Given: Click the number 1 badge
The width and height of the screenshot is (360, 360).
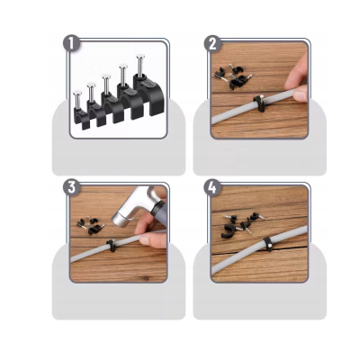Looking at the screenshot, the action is tap(71, 44).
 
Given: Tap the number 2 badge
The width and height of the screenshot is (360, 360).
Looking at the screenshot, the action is tap(212, 44).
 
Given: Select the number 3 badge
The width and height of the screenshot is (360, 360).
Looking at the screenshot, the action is tap(71, 187).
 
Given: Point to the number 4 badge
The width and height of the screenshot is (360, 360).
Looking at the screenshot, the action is tap(212, 187).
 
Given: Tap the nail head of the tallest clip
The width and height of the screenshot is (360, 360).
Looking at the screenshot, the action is tap(140, 56).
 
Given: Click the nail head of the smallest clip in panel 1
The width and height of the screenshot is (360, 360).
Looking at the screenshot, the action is tap(77, 93).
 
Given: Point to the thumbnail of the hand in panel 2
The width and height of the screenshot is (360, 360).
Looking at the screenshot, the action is tap(299, 94).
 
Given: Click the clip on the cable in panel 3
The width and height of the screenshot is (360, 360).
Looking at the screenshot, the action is tap(112, 245).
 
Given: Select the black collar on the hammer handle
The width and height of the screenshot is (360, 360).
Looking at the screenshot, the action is tap(158, 210).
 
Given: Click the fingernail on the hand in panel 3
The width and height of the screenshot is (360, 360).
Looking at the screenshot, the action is tap(144, 240).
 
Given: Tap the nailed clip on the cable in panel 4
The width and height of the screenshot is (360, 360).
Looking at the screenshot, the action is tap(268, 244).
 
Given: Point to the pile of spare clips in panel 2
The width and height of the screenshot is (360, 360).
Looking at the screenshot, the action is tap(233, 76).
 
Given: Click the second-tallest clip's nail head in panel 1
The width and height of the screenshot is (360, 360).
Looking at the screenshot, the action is tap(123, 67).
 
